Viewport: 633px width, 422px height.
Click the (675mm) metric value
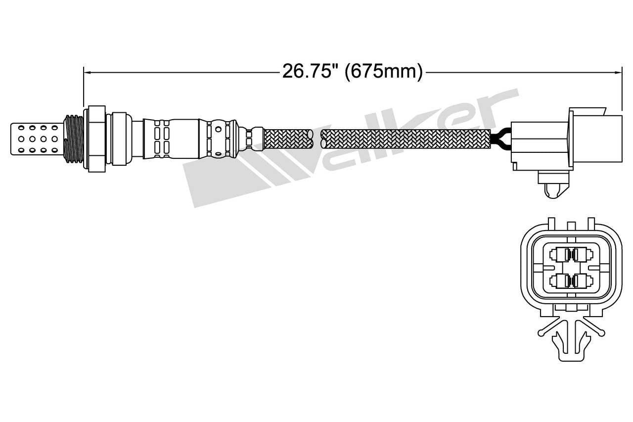click(x=384, y=72)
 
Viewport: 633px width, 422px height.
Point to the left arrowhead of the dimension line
click(x=87, y=73)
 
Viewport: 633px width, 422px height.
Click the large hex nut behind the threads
click(x=96, y=138)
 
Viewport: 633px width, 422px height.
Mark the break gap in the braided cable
click(x=317, y=138)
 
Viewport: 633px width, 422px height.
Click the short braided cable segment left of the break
click(x=289, y=138)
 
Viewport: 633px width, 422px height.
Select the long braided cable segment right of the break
click(x=406, y=138)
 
